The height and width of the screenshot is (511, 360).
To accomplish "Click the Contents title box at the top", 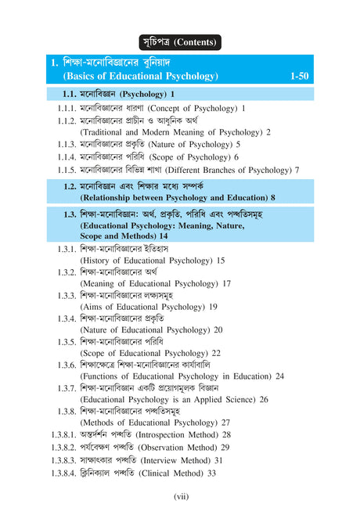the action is click(180, 41).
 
